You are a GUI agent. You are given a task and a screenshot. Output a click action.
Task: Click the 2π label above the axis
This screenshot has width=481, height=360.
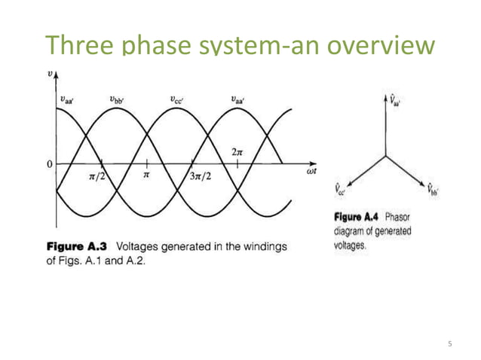(x=237, y=151)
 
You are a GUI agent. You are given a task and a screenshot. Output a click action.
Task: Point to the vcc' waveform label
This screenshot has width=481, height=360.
(x=178, y=99)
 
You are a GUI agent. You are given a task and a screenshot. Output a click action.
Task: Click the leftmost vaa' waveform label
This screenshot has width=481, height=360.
(x=67, y=99)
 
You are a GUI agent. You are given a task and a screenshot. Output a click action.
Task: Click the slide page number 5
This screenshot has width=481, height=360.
(x=449, y=343)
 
